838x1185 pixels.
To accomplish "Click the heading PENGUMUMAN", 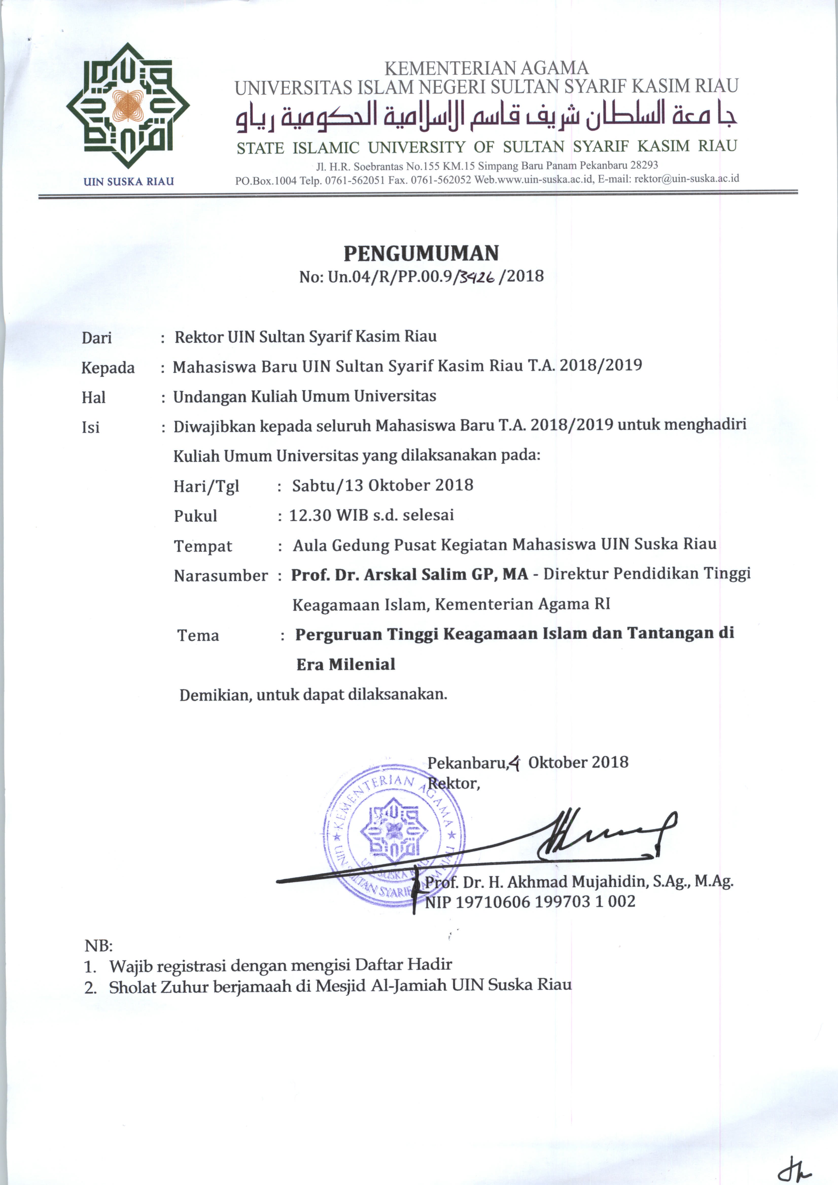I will [x=421, y=253].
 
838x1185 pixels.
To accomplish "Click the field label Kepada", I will [x=108, y=368].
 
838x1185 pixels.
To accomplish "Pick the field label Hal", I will [x=93, y=397].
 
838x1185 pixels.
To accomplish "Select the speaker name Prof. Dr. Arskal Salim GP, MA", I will [x=410, y=574].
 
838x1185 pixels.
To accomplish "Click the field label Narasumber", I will [x=221, y=576].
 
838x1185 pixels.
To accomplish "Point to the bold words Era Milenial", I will [x=346, y=664].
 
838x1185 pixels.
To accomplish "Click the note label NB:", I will [x=98, y=946].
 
